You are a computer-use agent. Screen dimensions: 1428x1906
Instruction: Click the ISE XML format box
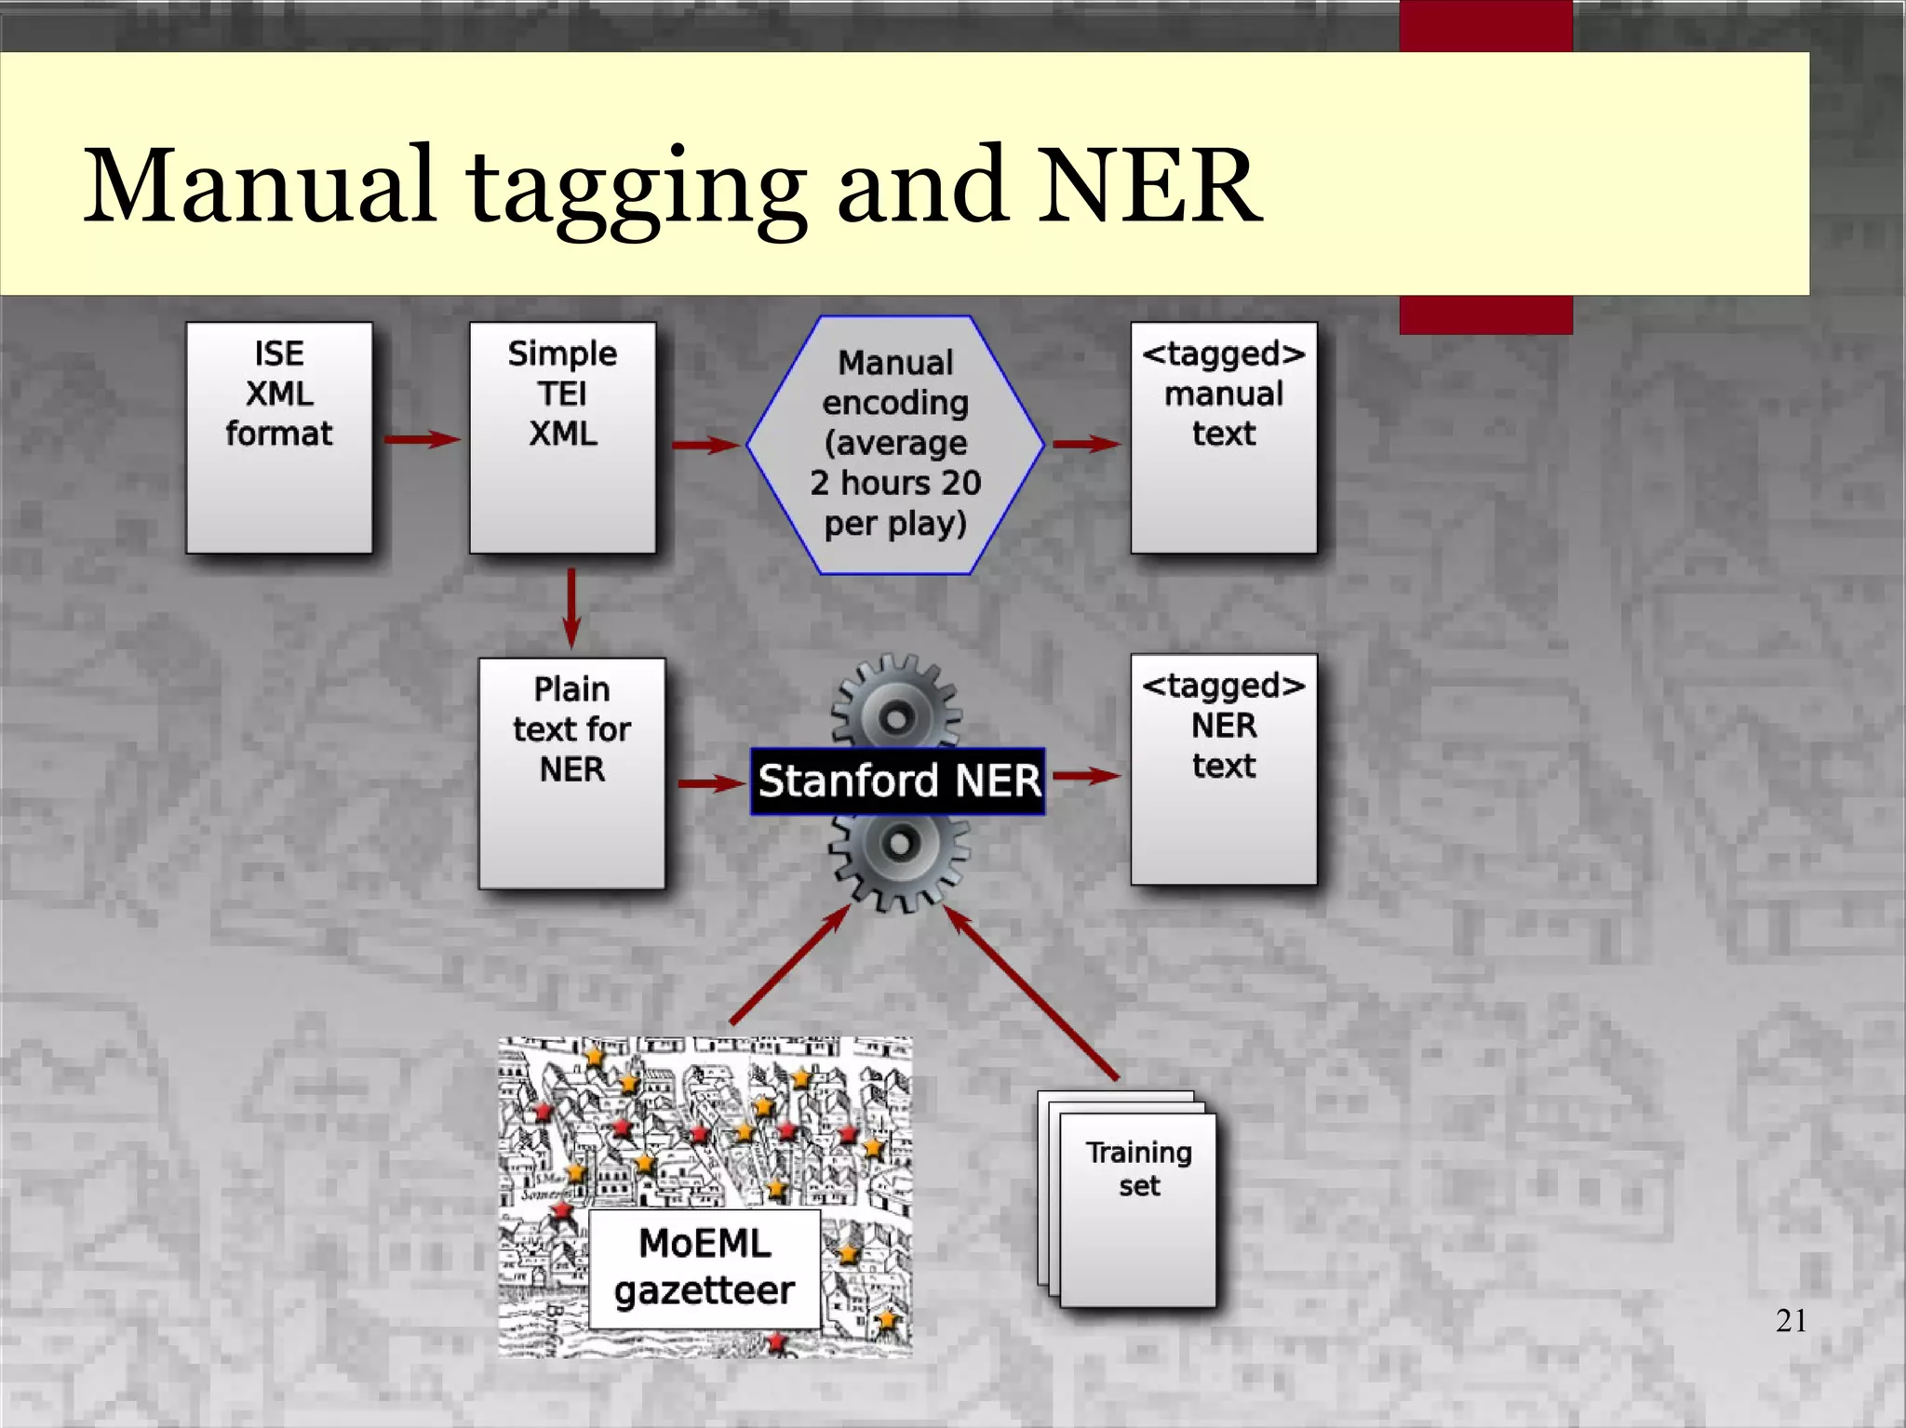[279, 437]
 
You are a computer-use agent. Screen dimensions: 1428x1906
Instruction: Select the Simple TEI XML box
[562, 437]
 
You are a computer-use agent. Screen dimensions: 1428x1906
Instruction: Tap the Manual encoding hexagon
[895, 445]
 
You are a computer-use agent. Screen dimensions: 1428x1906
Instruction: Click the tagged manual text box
[1224, 437]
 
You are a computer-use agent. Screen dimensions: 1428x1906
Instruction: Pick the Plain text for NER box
[571, 773]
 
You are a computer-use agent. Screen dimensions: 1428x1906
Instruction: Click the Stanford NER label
[898, 781]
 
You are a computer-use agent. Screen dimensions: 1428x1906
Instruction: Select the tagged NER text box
[1224, 769]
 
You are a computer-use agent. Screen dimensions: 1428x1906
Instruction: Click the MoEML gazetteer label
[705, 1268]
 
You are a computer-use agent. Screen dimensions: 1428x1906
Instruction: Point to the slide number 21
[1791, 1320]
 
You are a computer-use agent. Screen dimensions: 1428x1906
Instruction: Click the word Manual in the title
[261, 185]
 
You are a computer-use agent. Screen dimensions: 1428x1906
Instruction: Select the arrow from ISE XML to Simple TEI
[422, 439]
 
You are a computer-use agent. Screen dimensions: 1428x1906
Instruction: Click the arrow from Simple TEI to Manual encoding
[705, 445]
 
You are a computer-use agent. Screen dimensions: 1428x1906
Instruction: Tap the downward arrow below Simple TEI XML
[571, 608]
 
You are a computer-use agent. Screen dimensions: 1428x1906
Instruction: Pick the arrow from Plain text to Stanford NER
[711, 783]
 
